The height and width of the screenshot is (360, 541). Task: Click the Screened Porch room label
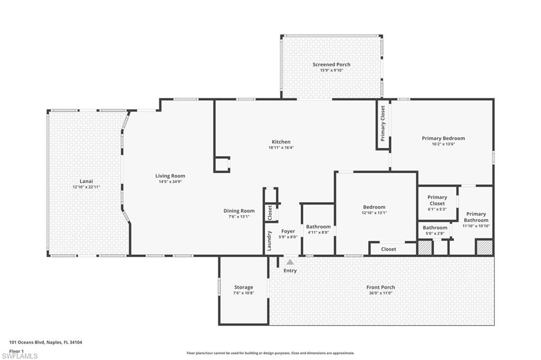331,64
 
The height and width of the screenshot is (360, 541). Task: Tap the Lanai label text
86,181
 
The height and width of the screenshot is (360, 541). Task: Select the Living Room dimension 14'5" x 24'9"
170,182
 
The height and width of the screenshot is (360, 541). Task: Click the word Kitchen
281,141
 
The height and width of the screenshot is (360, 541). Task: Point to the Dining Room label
239,211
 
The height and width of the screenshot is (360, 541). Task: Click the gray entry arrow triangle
290,262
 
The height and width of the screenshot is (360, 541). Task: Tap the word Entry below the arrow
290,271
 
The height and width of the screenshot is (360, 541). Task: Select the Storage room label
244,287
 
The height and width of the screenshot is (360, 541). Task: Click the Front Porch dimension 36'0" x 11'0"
380,293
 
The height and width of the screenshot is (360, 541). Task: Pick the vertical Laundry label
269,241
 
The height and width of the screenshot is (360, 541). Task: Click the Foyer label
288,231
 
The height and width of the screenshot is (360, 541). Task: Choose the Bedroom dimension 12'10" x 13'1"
374,213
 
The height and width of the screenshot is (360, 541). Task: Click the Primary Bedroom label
443,138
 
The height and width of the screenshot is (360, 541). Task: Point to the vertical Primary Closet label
383,124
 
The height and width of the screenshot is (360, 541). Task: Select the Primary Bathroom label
476,217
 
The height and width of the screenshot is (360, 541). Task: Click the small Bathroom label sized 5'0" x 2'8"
435,228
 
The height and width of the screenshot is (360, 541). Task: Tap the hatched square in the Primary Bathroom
484,247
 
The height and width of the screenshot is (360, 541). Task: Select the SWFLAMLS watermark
19,356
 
